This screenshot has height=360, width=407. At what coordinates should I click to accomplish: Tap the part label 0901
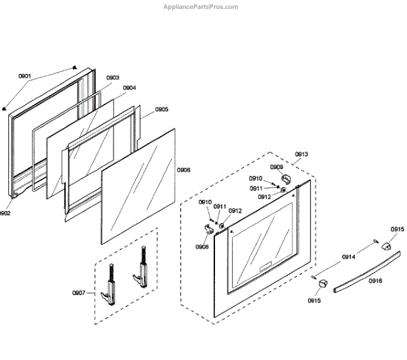click(24, 77)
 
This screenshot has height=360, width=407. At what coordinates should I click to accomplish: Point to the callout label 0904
click(129, 87)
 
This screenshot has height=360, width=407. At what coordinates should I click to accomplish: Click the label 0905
click(161, 109)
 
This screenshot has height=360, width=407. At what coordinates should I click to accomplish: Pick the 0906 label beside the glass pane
click(183, 170)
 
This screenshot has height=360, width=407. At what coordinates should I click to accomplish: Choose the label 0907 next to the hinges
click(79, 293)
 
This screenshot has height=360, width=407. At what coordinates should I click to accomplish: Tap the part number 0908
click(202, 247)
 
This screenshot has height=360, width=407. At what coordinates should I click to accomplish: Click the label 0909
click(276, 166)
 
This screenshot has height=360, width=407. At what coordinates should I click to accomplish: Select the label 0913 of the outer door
click(301, 154)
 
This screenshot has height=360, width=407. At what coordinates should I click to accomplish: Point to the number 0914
click(349, 257)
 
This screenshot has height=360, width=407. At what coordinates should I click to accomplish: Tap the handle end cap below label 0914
click(322, 282)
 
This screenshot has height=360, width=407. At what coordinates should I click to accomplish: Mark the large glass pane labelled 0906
click(140, 189)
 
